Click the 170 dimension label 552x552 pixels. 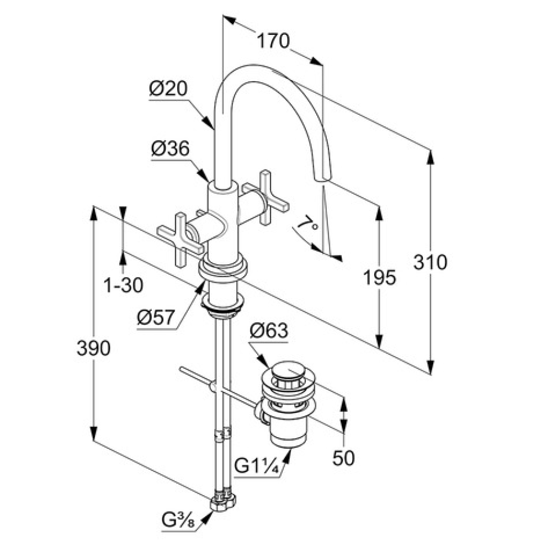pos(274,41)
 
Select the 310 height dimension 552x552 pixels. pos(430,262)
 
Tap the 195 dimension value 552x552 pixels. pos(380,277)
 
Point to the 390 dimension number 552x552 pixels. pos(94,348)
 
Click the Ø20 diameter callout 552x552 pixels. pos(168,88)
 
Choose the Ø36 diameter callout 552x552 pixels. pos(171,149)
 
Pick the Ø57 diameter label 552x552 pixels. pos(156,318)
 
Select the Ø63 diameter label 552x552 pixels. pos(269,331)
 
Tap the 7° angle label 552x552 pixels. pos(307,224)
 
